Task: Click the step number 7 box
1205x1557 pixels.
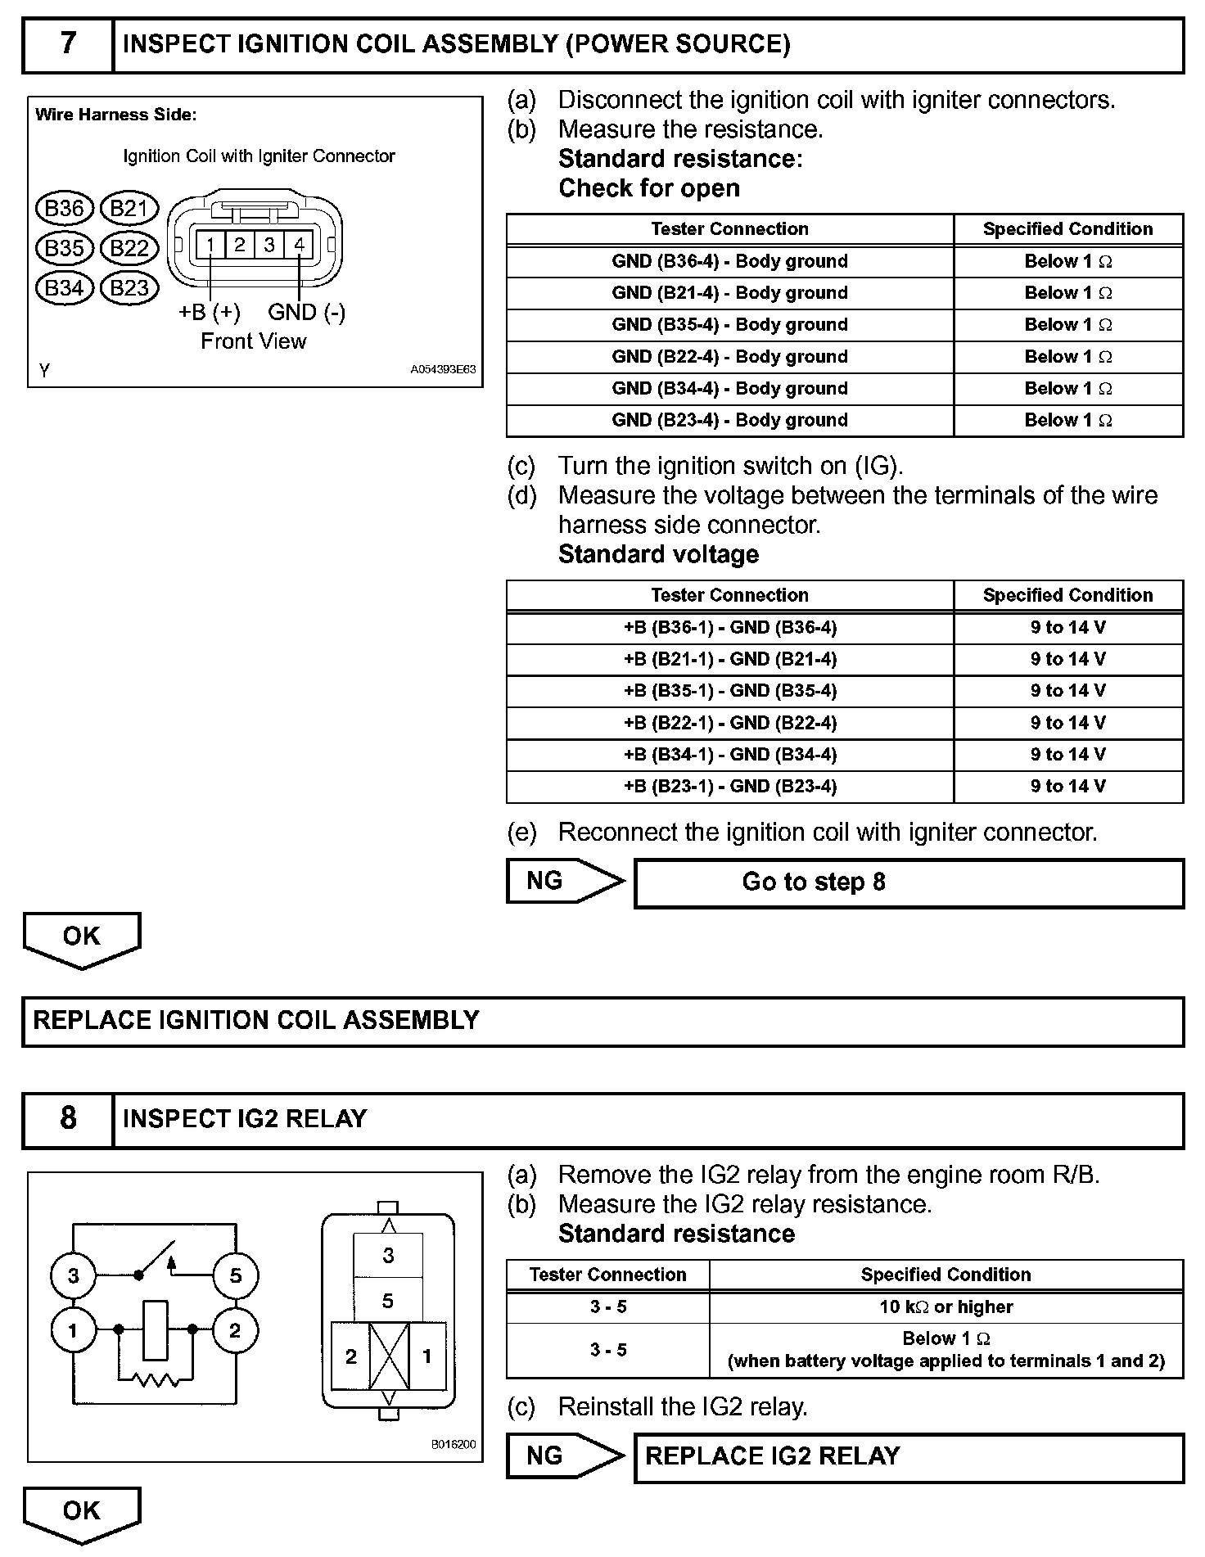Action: click(68, 43)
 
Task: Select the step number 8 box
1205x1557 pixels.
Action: click(68, 1118)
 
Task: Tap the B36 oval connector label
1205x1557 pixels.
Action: click(64, 209)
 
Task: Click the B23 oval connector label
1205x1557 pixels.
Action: click(129, 288)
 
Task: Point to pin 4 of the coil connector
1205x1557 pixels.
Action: click(300, 244)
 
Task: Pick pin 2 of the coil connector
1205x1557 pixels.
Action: click(240, 244)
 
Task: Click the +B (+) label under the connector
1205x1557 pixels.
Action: click(210, 312)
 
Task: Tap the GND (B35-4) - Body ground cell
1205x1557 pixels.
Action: click(729, 324)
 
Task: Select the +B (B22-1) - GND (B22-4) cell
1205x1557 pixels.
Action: click(729, 723)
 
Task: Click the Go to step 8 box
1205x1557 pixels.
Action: click(909, 882)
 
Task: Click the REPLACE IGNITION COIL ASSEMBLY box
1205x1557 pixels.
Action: click(602, 1021)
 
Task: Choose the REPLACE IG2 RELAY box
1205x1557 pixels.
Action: click(909, 1456)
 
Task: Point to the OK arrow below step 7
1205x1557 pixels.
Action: click(82, 939)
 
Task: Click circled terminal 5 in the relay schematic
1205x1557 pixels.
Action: click(236, 1275)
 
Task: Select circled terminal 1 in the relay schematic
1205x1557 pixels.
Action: click(73, 1330)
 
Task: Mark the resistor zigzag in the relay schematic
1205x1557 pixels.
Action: click(156, 1381)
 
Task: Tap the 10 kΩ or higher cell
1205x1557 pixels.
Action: click(945, 1307)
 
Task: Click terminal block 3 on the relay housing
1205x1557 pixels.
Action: click(388, 1256)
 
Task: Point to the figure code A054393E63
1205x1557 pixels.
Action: click(443, 369)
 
